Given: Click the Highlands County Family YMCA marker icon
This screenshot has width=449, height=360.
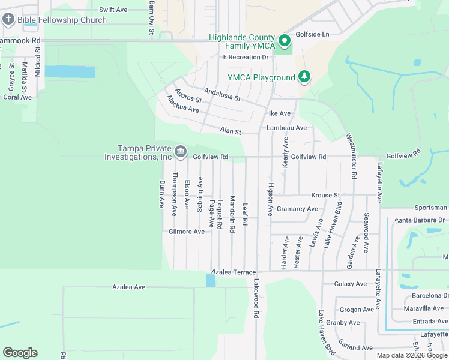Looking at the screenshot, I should [284, 41].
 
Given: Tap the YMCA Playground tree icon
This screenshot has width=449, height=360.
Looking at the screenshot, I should [305, 77].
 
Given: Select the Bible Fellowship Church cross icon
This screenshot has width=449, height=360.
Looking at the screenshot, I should [8, 20].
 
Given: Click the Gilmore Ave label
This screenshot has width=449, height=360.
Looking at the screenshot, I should [187, 232].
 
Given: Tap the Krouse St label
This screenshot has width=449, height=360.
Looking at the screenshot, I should [325, 196].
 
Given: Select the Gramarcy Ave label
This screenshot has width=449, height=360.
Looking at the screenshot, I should [298, 209].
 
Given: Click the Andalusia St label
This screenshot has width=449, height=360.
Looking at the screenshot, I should [222, 94].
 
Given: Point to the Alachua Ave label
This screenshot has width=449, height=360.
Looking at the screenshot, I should [182, 104].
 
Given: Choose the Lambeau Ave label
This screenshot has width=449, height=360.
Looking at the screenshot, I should [286, 128].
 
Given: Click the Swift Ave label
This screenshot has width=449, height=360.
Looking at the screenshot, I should [113, 10].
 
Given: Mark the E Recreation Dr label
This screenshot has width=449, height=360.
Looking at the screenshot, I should [246, 58].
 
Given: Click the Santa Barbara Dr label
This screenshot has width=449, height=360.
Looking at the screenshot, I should [420, 220].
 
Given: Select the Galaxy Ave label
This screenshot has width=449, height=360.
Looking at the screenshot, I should [351, 284].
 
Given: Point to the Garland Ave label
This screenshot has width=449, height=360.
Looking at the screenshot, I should [355, 347].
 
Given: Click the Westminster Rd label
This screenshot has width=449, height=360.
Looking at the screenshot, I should [352, 155].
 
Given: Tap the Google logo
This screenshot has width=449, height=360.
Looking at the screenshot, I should [20, 353].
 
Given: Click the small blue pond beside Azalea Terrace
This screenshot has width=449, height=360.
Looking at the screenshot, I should [210, 280].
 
